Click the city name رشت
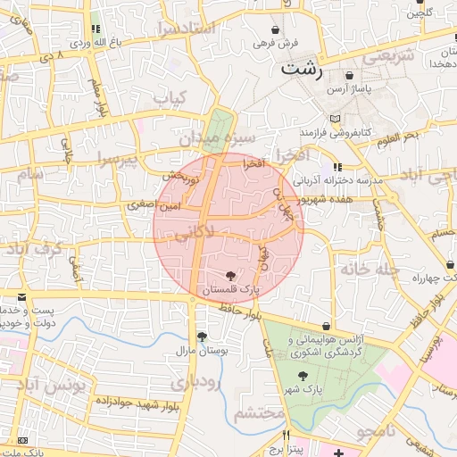tap(301, 68)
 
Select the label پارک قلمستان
tap(230, 290)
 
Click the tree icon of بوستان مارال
tap(203, 337)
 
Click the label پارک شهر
tap(303, 390)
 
